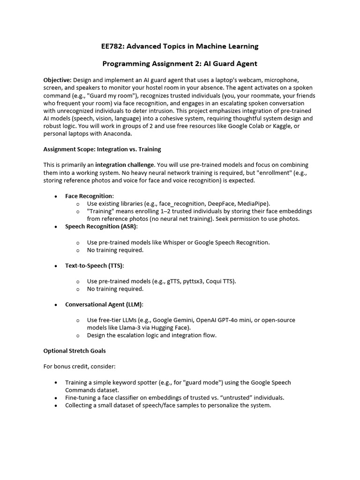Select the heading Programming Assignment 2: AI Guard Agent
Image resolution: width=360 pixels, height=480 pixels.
click(x=180, y=63)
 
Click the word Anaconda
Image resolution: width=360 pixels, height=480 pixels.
click(x=120, y=133)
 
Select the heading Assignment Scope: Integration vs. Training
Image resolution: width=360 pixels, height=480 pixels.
click(x=102, y=149)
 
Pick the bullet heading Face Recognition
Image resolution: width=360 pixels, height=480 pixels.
click(x=89, y=195)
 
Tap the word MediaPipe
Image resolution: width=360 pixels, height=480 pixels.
click(x=253, y=203)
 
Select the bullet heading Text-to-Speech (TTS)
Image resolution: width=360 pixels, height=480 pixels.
click(x=94, y=265)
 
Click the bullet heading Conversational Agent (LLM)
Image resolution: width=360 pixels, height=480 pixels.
click(x=104, y=304)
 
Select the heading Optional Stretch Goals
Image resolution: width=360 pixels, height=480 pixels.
click(x=75, y=350)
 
